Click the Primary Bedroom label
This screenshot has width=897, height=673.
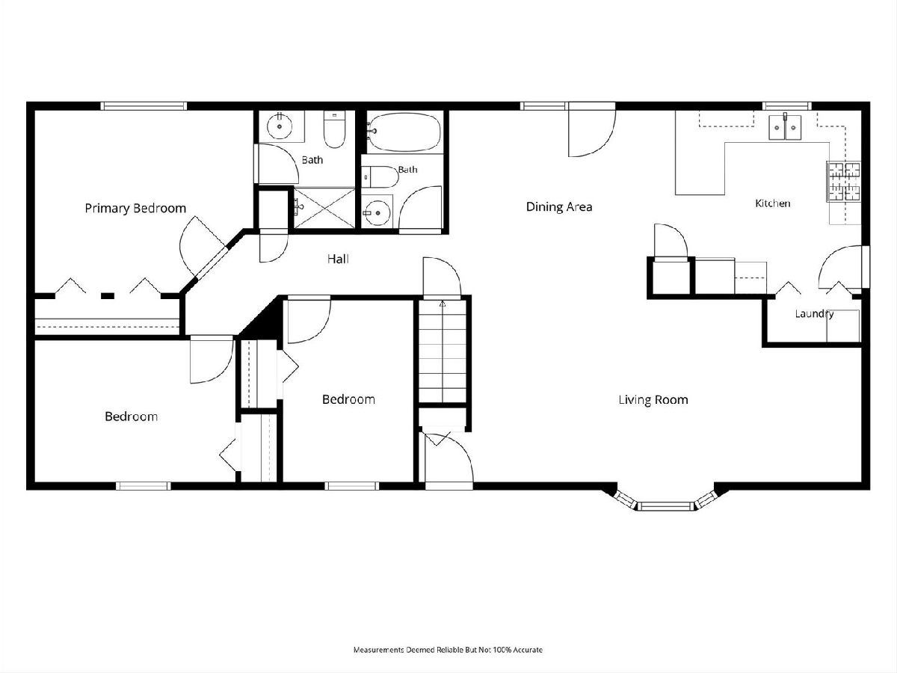pyautogui.click(x=135, y=209)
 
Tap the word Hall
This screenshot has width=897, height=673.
pyautogui.click(x=338, y=259)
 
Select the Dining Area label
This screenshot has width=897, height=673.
pyautogui.click(x=559, y=207)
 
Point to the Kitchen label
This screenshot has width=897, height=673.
pyautogui.click(x=772, y=203)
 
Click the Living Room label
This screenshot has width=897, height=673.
pyautogui.click(x=653, y=399)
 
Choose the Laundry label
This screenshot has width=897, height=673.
pyautogui.click(x=814, y=314)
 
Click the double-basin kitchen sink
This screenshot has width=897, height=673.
pyautogui.click(x=785, y=127)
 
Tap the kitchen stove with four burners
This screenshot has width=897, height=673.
pyautogui.click(x=844, y=182)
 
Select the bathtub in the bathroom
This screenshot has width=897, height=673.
pyautogui.click(x=404, y=130)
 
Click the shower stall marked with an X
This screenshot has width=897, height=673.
pyautogui.click(x=324, y=208)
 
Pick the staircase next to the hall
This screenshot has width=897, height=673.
pyautogui.click(x=443, y=351)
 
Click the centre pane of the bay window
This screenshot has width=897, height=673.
pyautogui.click(x=666, y=506)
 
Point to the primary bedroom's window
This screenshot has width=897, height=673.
pyautogui.click(x=144, y=106)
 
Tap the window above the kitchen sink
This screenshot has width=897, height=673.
pyautogui.click(x=787, y=106)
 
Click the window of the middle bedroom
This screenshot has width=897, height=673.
pyautogui.click(x=352, y=486)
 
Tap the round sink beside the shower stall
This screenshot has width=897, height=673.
pyautogui.click(x=377, y=212)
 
